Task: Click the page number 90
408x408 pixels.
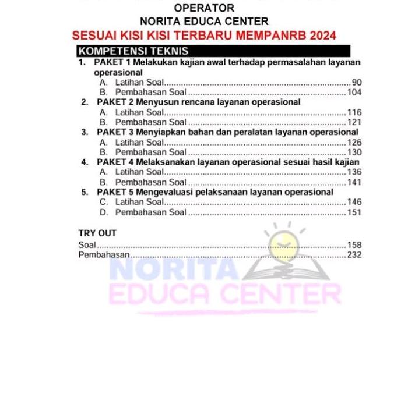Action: (357, 83)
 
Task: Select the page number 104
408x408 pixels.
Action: (354, 93)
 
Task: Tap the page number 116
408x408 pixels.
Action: (354, 112)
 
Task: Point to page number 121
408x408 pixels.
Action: (354, 122)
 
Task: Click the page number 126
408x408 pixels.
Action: (354, 142)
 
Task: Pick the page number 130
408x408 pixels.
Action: (354, 152)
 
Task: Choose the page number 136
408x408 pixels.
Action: (354, 172)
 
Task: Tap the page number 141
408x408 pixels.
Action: (354, 182)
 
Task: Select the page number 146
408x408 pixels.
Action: (354, 202)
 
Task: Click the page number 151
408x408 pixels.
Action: (354, 212)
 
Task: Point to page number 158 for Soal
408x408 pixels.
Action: (354, 245)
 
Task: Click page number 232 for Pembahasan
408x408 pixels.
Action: (354, 255)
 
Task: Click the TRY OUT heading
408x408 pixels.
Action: (97, 233)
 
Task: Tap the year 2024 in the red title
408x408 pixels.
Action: (323, 36)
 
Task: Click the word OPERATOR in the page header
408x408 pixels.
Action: (204, 8)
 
